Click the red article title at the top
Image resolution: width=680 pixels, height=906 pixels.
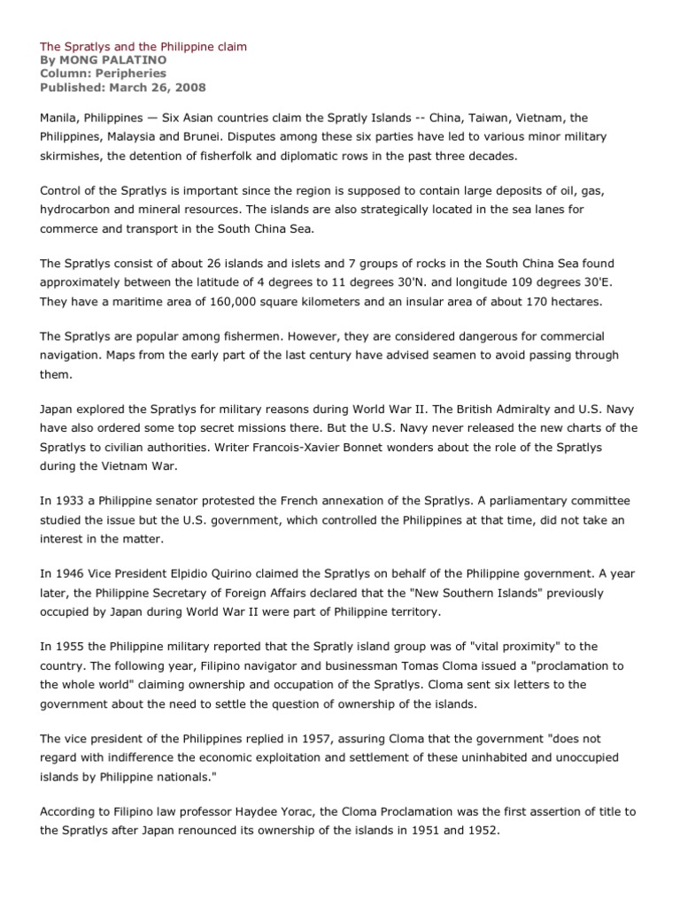143,45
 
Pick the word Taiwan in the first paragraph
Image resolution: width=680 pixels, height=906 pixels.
469,117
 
